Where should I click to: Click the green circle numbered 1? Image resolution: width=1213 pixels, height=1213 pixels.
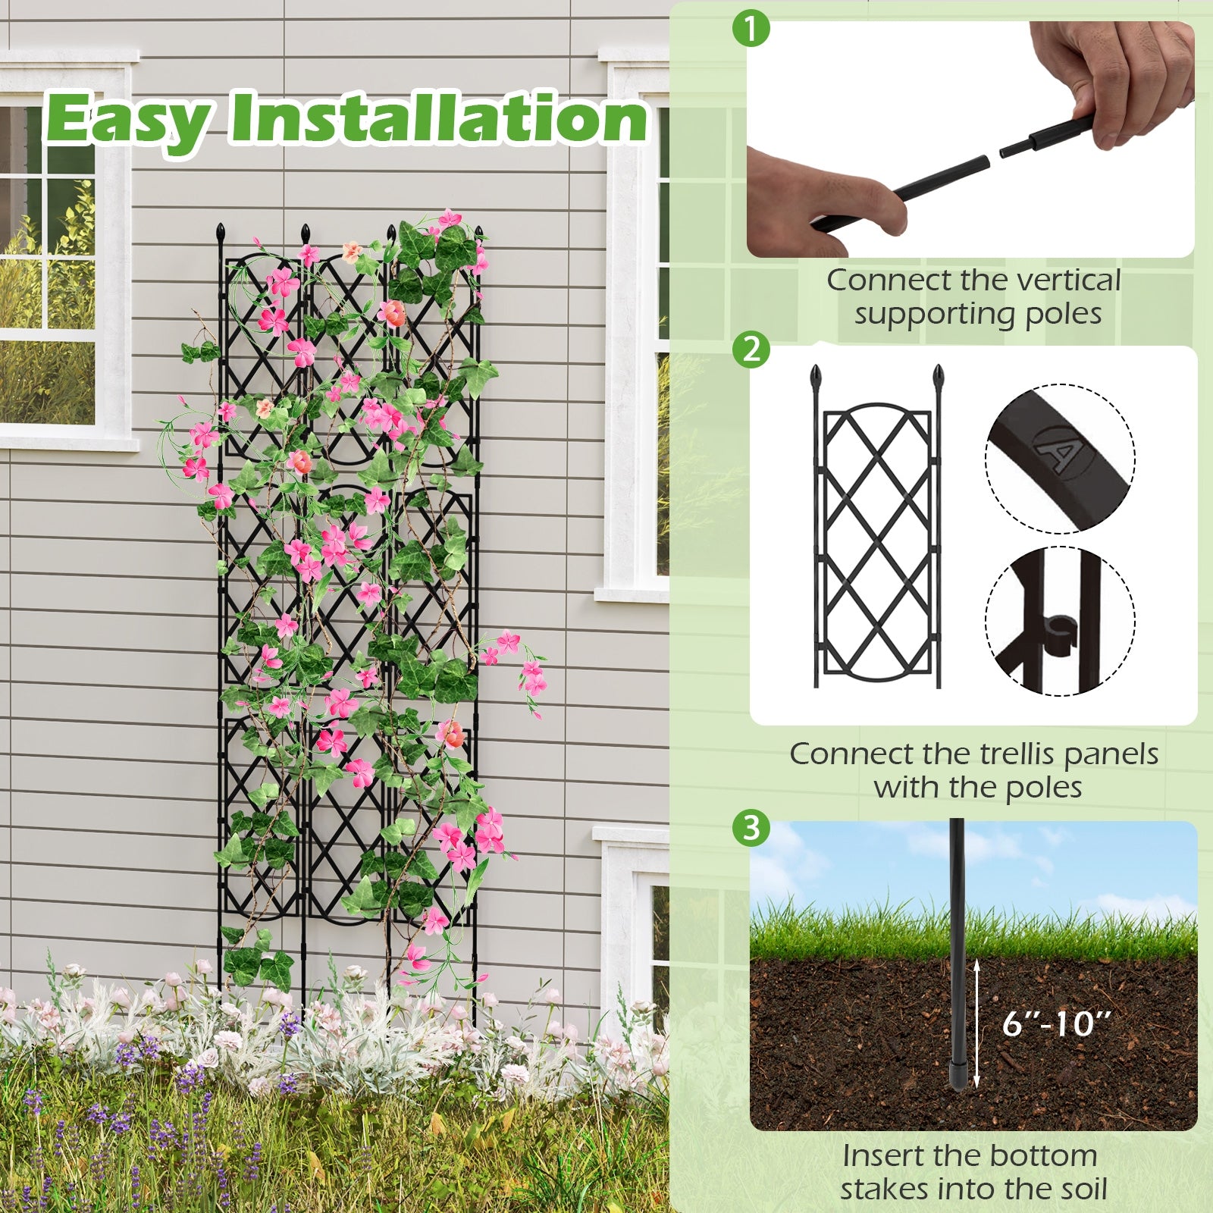751,30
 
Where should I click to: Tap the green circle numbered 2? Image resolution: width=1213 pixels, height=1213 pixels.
751,349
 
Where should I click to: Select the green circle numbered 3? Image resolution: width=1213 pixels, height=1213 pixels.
751,827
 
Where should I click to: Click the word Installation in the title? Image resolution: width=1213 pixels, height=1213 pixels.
438,118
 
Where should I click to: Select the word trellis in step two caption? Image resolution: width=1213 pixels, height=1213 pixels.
1017,754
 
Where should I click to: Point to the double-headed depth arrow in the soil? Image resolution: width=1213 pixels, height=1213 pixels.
977,1023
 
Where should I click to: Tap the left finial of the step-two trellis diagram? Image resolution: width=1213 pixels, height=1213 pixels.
817,376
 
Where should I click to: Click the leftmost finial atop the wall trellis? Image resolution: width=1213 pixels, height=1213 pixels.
221,231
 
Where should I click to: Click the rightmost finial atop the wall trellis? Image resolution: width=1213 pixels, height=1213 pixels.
478,232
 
